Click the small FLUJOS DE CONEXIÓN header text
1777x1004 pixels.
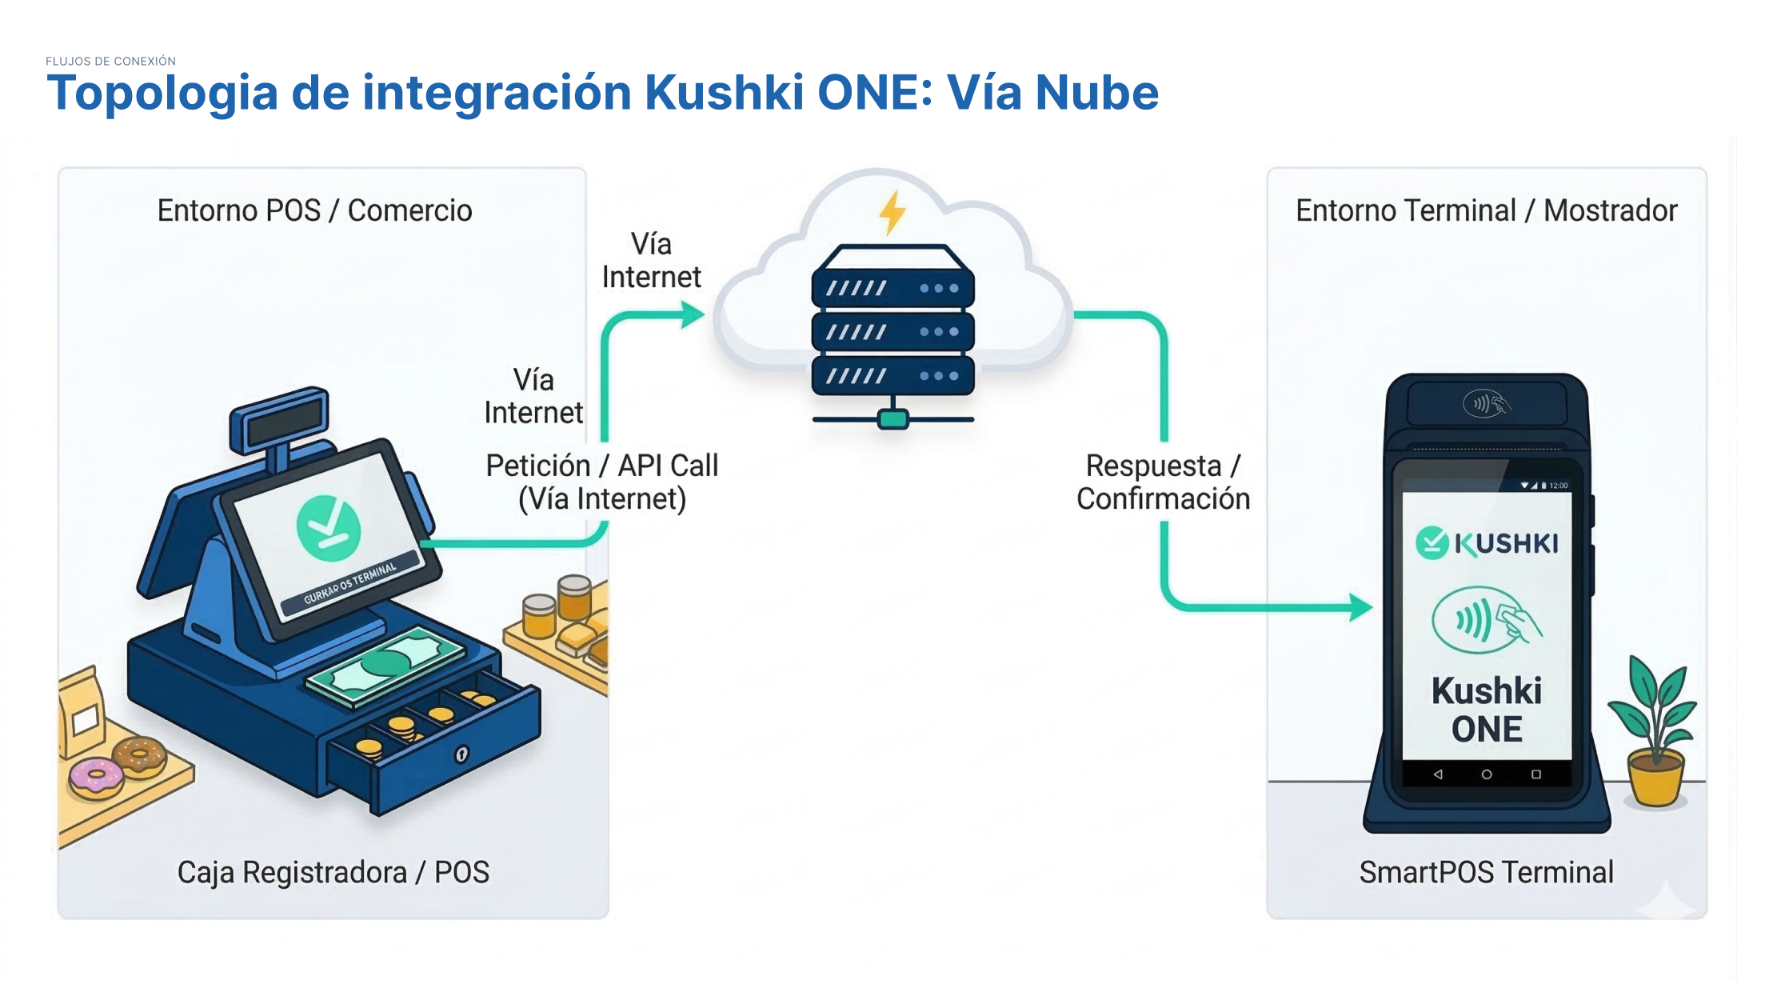[x=110, y=61]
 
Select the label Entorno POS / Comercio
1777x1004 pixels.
[x=314, y=210]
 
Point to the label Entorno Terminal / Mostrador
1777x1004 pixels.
[x=1486, y=210]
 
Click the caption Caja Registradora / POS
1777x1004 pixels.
[x=333, y=872]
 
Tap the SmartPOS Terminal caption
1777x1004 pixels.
[x=1486, y=872]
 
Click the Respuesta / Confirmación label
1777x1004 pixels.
[x=1163, y=482]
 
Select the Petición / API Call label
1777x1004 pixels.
[x=602, y=482]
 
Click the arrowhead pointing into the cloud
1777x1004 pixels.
[x=693, y=314]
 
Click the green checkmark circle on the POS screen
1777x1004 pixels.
[x=329, y=527]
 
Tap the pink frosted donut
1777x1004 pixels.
[x=96, y=775]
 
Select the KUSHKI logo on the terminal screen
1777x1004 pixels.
[x=1487, y=543]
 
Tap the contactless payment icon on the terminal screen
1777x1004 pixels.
[x=1485, y=620]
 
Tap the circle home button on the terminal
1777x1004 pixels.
[x=1486, y=774]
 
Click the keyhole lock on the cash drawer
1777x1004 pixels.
[x=461, y=754]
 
